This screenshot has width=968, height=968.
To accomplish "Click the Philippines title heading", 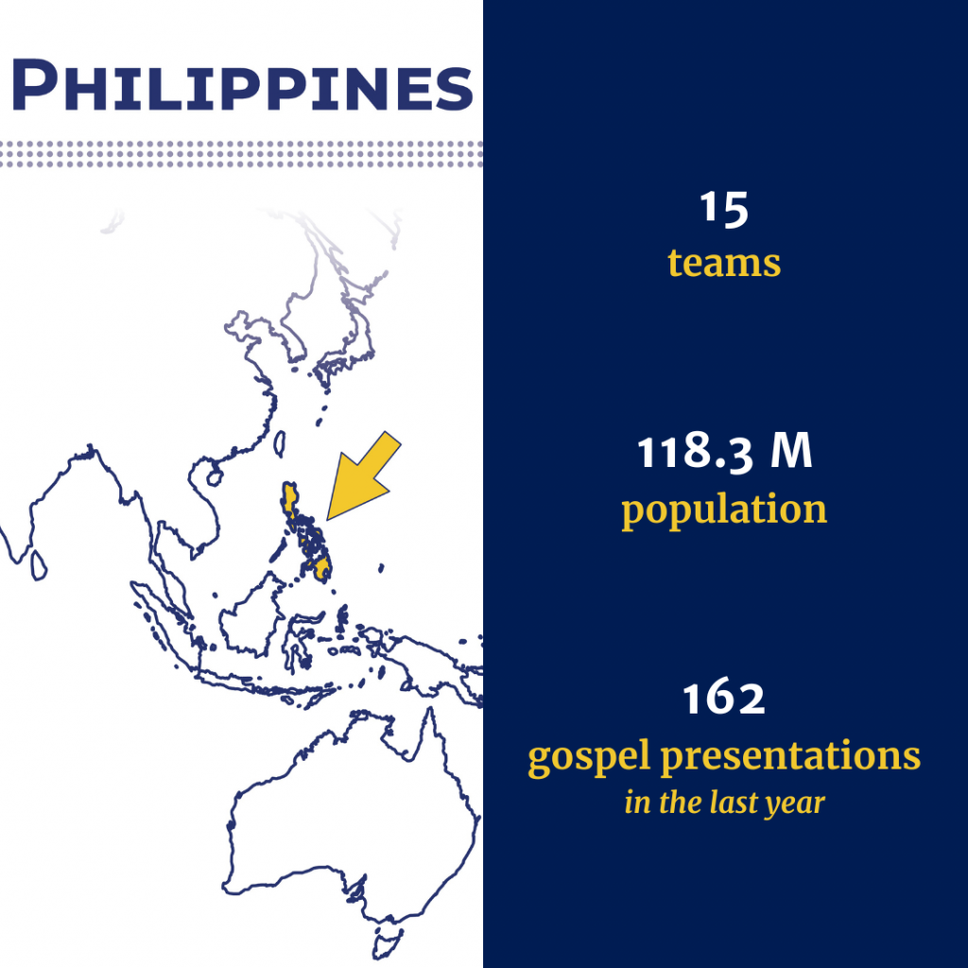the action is [x=242, y=85].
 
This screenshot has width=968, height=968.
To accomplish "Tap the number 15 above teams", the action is [x=724, y=209].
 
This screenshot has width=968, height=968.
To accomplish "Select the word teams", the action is [x=724, y=263].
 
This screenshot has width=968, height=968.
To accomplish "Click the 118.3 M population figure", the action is [x=724, y=453].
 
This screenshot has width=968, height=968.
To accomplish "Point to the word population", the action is [x=724, y=510].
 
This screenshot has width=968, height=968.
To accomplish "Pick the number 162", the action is [x=724, y=699].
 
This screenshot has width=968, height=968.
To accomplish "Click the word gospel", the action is [x=589, y=756].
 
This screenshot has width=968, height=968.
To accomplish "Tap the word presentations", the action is [x=791, y=756].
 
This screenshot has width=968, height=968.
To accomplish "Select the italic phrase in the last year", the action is [x=724, y=804].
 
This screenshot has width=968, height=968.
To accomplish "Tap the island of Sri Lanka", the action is [x=39, y=565].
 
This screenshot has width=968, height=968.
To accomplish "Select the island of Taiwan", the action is [x=279, y=444].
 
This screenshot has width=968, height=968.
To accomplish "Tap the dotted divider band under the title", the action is [x=241, y=154].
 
